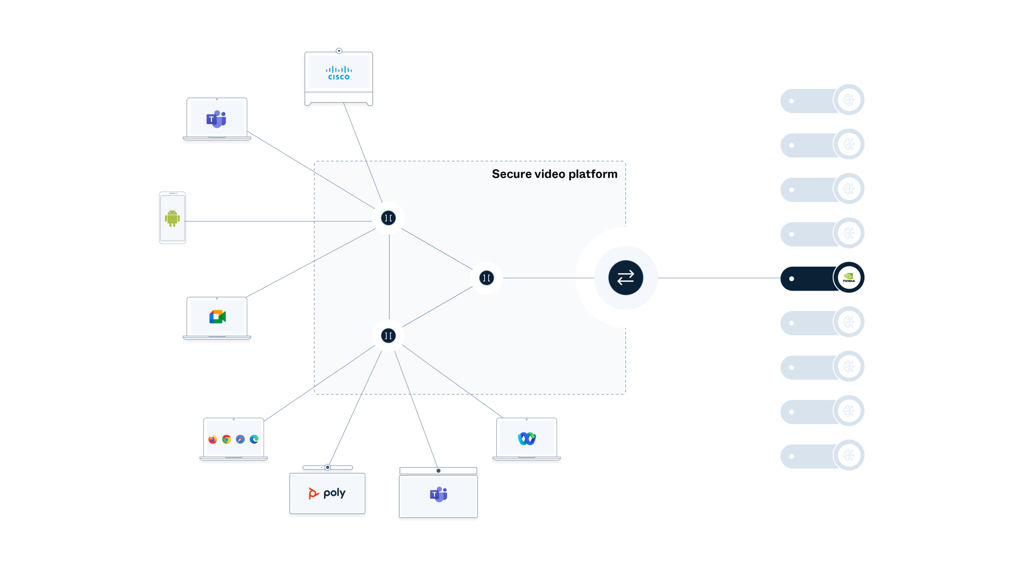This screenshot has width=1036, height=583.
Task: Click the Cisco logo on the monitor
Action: (x=339, y=73)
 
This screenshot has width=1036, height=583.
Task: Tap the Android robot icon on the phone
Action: (x=172, y=218)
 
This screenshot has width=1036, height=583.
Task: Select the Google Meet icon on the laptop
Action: (x=217, y=317)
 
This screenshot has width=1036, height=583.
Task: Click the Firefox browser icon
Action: (x=213, y=439)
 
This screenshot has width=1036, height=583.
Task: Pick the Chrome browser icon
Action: (x=226, y=439)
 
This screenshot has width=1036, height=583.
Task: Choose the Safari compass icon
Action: (x=240, y=439)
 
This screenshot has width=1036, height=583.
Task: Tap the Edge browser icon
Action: (x=254, y=439)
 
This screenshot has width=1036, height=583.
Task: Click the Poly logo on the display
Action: (x=327, y=493)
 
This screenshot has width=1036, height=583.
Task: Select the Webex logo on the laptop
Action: (x=527, y=439)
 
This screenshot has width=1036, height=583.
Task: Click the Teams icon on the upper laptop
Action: (x=216, y=119)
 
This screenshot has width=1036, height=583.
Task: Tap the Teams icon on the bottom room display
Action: (x=438, y=494)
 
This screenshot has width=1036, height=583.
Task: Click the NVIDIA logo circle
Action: (x=848, y=278)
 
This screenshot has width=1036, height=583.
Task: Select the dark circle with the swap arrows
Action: (x=626, y=278)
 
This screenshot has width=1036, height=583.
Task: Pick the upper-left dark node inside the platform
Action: (x=388, y=218)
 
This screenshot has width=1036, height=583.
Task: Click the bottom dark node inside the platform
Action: (x=388, y=336)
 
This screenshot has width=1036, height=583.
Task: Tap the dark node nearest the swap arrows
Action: (x=486, y=278)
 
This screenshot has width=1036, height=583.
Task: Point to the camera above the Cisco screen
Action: (x=339, y=51)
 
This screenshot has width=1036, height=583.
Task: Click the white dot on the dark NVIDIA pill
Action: (x=792, y=279)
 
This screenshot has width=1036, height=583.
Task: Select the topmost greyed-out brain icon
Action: (x=848, y=99)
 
